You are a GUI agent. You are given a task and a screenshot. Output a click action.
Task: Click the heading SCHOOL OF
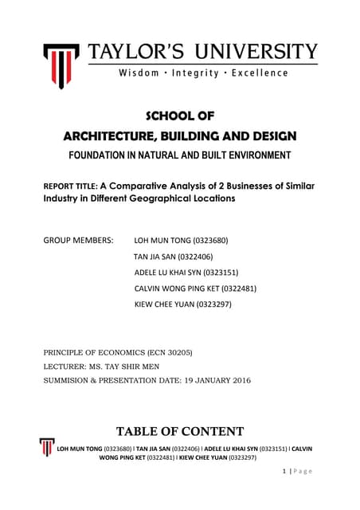[x=179, y=119]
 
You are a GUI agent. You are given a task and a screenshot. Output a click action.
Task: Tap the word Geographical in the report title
[x=170, y=199]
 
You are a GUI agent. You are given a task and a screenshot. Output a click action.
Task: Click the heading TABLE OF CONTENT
[x=180, y=432]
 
